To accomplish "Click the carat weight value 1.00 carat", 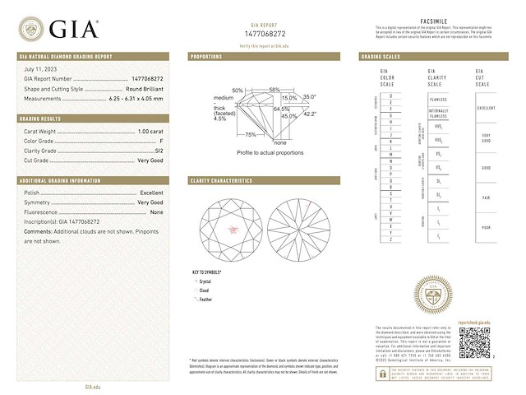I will coord(147,131).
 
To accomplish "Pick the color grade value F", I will coord(161,141).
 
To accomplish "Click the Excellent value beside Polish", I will coord(151,192).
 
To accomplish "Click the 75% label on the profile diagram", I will coord(251,134).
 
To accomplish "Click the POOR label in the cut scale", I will coord(485,226).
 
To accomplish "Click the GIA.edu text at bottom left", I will coord(93,386).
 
